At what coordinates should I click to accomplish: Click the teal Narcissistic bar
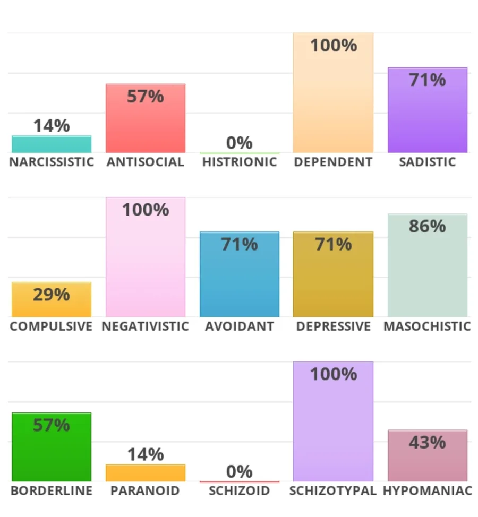52,144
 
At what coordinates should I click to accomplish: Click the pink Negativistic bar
145,265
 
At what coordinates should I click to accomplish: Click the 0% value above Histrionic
239,143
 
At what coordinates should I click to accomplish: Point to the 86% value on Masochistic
427,226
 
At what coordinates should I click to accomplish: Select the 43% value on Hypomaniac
427,442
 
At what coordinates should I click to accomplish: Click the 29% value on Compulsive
52,295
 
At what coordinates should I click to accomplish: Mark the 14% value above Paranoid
145,454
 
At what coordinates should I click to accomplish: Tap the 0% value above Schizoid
239,471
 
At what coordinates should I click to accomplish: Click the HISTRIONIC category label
240,162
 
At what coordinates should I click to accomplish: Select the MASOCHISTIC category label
427,326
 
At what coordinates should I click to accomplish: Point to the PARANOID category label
145,490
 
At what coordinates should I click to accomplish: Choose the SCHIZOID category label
239,490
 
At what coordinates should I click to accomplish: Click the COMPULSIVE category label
51,326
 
